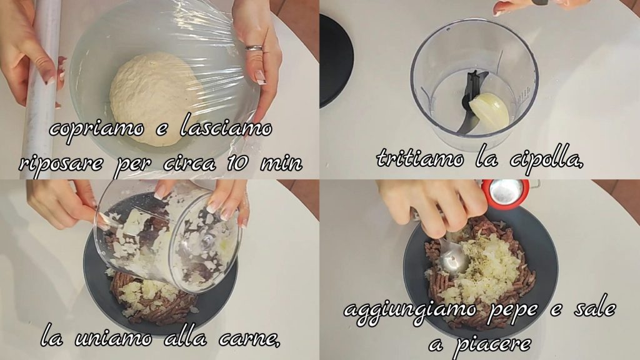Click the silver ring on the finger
[x=254, y=48]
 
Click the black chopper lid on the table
[x=336, y=61]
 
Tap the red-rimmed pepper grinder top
[x=505, y=192]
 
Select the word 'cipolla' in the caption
[x=547, y=160]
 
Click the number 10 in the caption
[x=237, y=163]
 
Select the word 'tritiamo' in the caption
[x=421, y=158]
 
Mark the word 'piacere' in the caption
[x=492, y=344]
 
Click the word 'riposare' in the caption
[x=61, y=164]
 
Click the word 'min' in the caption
[x=282, y=164]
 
